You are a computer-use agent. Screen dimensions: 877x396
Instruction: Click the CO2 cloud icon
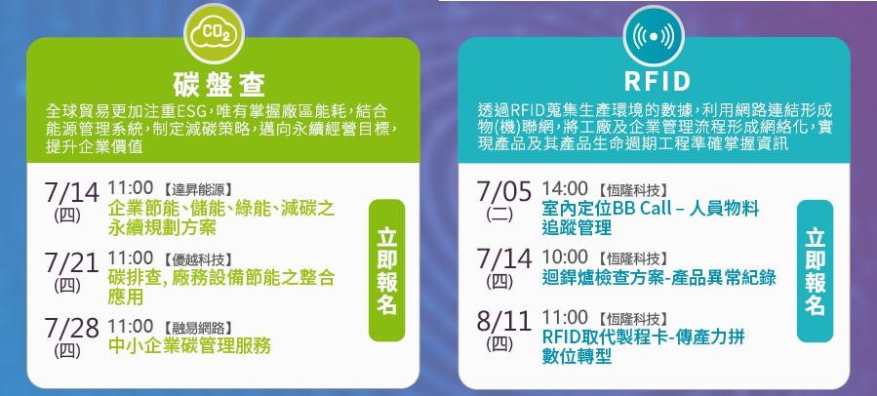pyautogui.click(x=215, y=34)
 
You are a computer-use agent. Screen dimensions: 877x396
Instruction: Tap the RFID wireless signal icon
pyautogui.click(x=654, y=36)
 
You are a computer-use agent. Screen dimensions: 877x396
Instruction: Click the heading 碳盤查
pyautogui.click(x=219, y=85)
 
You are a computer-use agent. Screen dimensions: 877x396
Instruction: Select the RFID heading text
pyautogui.click(x=658, y=82)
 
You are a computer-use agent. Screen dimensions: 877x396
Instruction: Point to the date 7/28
pyautogui.click(x=71, y=330)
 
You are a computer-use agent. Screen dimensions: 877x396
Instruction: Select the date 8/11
pyautogui.click(x=504, y=322)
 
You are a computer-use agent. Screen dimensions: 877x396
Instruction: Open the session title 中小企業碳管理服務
pyautogui.click(x=189, y=345)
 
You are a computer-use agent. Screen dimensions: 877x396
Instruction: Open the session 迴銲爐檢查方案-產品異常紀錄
pyautogui.click(x=658, y=277)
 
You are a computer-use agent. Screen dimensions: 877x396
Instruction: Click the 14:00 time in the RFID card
pyautogui.click(x=565, y=188)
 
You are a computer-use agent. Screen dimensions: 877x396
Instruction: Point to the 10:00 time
pyautogui.click(x=565, y=257)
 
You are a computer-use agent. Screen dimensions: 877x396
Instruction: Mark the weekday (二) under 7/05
pyautogui.click(x=499, y=215)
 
